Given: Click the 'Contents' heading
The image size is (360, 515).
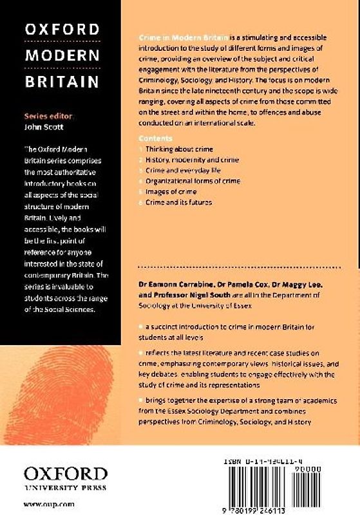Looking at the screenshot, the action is (155, 138).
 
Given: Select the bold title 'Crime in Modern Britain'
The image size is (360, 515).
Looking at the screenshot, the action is (183, 39).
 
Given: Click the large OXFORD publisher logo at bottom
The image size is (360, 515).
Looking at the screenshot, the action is (65, 475).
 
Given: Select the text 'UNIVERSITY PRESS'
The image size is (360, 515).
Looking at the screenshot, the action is (65, 489).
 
